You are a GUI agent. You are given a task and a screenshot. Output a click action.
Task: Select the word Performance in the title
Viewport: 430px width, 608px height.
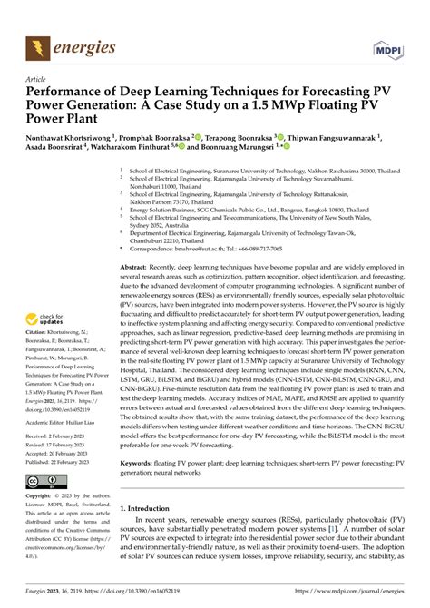(x=61, y=93)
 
